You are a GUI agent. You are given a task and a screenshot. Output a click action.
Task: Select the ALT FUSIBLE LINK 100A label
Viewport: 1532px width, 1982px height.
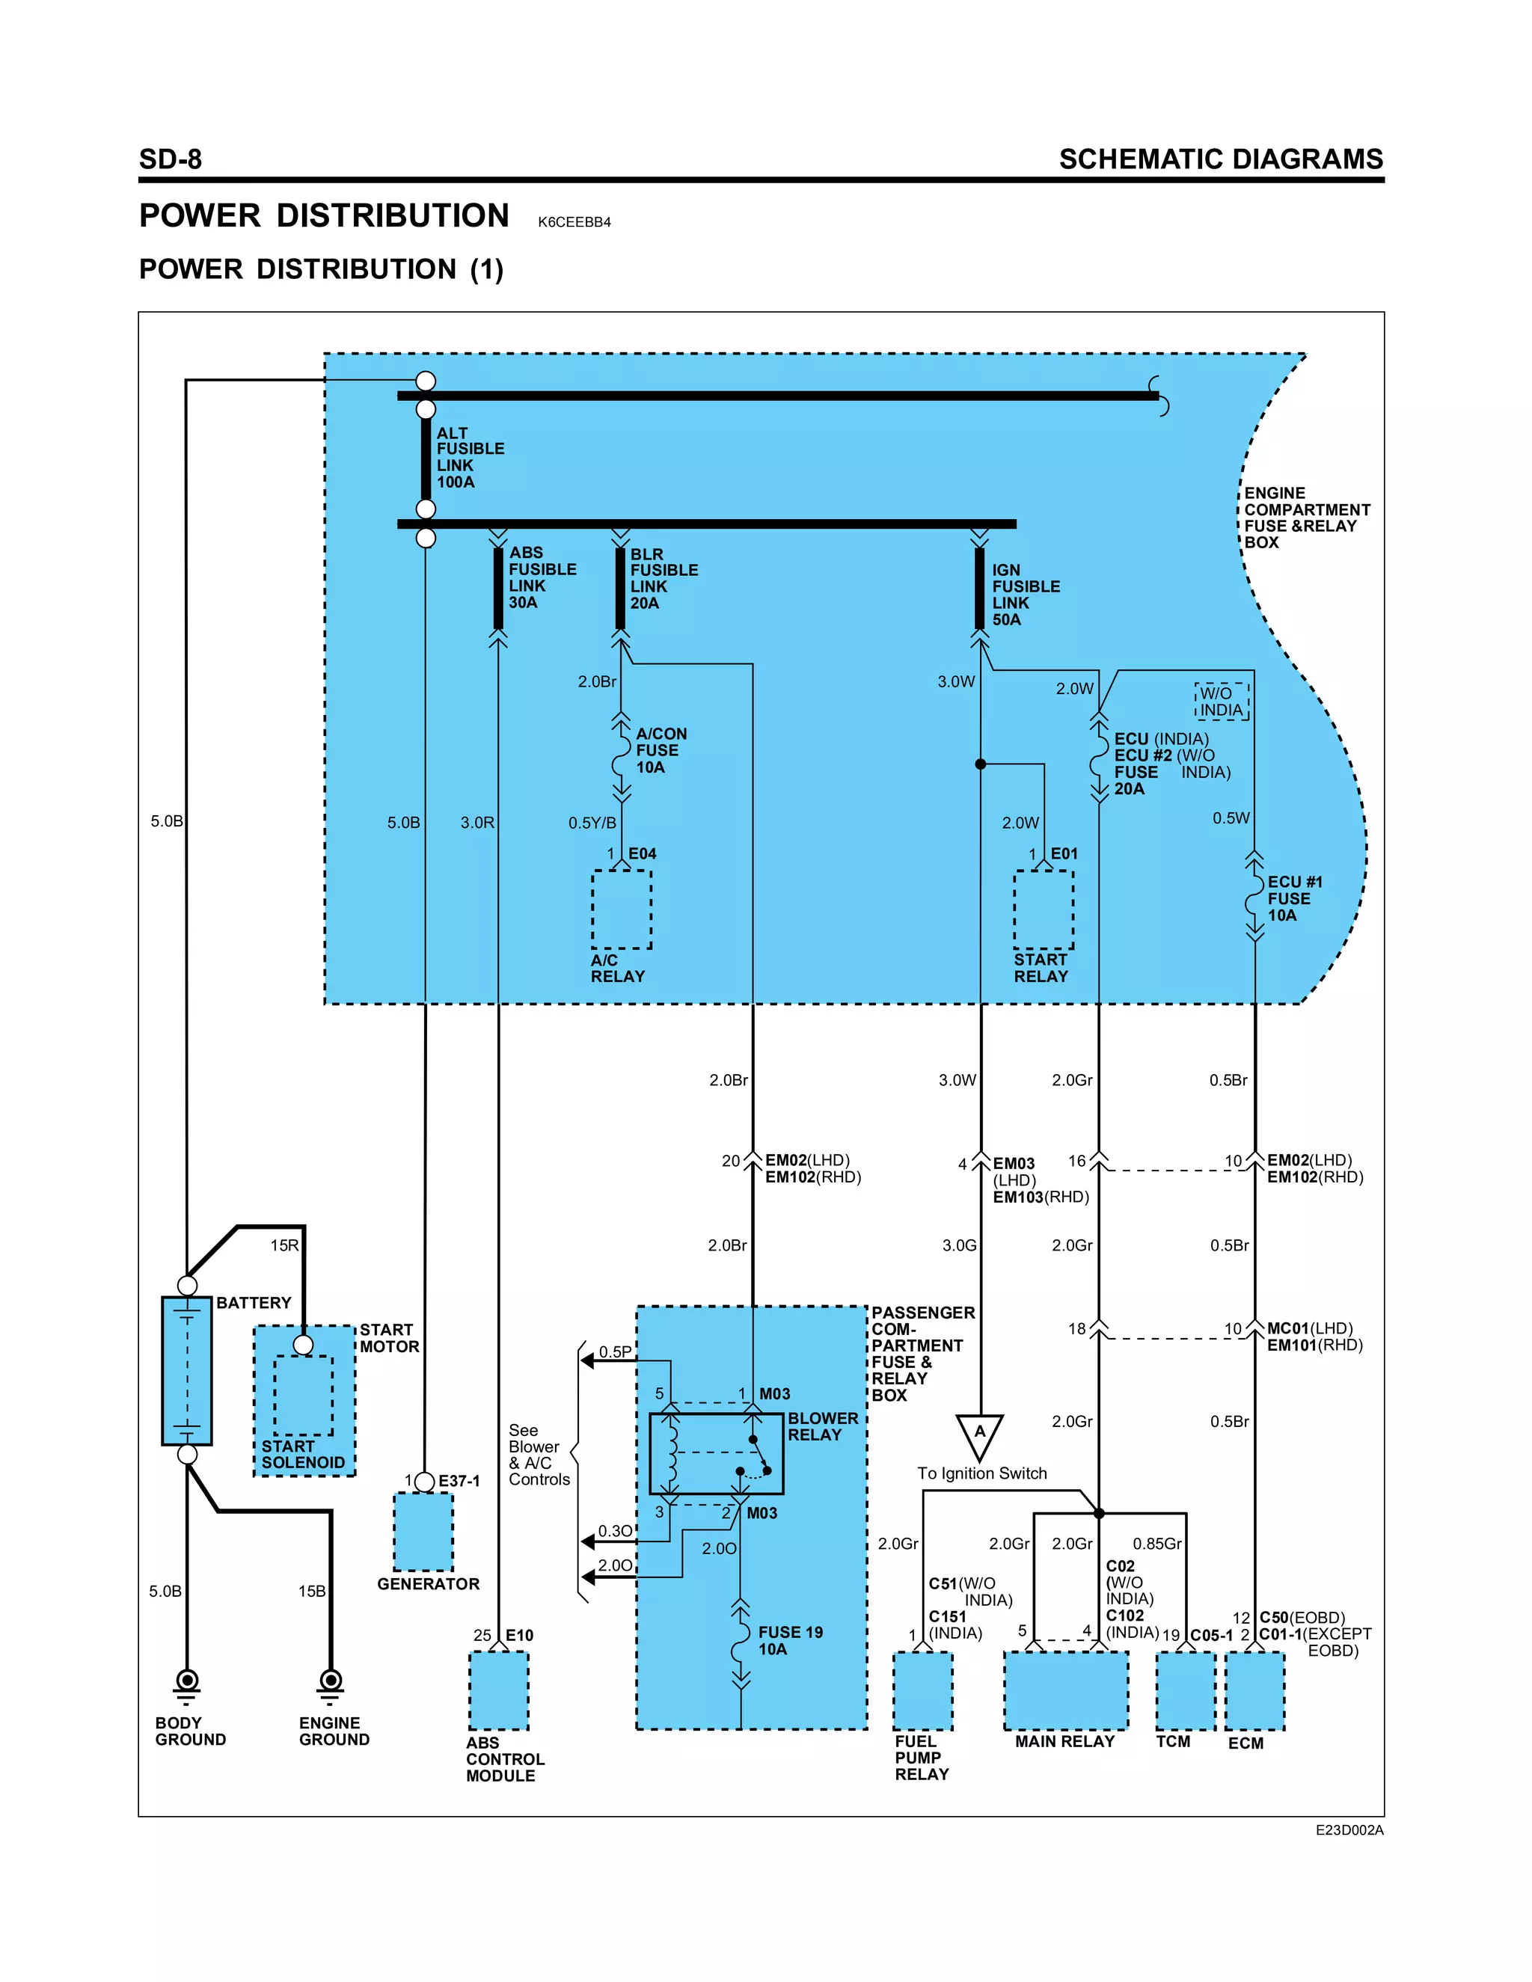[469, 458]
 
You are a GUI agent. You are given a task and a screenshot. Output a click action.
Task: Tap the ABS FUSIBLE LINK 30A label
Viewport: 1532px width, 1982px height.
[541, 577]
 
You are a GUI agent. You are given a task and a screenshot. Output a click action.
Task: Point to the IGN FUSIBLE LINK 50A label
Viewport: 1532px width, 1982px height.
[1025, 595]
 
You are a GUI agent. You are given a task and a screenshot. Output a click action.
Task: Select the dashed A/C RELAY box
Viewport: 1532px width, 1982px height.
[622, 909]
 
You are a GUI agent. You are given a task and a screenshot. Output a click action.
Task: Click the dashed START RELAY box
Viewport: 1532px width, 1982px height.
[1043, 909]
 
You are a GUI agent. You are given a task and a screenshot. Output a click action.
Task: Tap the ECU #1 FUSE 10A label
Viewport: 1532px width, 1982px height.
[1293, 898]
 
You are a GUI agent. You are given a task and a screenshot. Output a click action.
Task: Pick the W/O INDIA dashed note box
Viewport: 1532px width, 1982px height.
[1222, 702]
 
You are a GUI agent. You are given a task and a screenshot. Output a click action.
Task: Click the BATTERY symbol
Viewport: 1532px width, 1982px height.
[187, 1370]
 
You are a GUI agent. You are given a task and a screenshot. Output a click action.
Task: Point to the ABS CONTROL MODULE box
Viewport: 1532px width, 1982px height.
[498, 1690]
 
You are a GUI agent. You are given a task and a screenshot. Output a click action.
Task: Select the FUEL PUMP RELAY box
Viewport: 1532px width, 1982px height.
[922, 1690]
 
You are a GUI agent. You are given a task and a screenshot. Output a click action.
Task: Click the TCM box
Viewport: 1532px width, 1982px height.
[1186, 1690]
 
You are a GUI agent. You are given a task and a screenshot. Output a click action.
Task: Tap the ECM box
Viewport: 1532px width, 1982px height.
[1254, 1690]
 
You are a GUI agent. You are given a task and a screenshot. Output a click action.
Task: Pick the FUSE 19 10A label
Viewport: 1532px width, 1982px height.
[790, 1640]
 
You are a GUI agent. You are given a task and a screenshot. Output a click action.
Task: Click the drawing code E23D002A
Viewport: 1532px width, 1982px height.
[1349, 1830]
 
